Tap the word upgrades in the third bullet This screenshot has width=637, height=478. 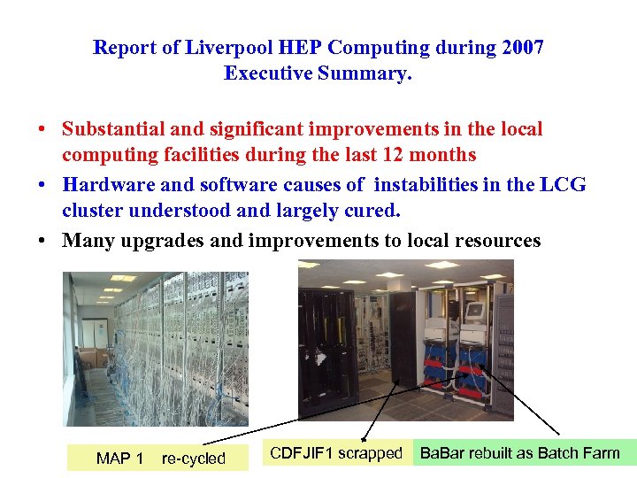[x=162, y=241]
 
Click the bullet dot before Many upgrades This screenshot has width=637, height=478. [x=42, y=241]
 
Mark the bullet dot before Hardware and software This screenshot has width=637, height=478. [x=42, y=185]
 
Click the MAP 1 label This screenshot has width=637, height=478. [x=119, y=459]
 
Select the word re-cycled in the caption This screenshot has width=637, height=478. [x=194, y=459]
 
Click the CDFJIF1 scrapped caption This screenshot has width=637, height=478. [x=335, y=453]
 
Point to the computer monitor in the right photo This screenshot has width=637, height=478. [x=475, y=312]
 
